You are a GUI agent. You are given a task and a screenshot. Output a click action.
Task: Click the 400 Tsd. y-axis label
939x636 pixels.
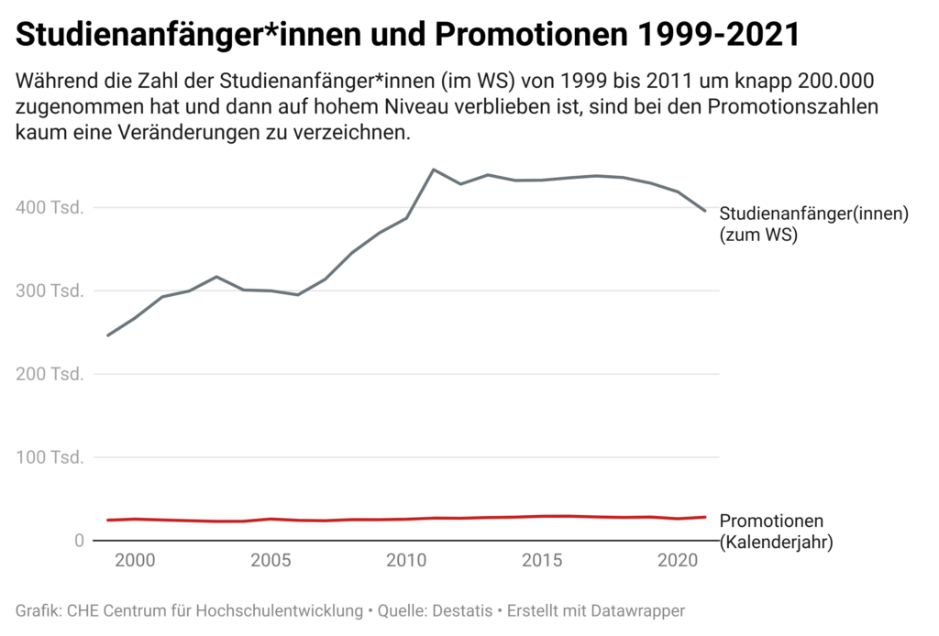pyautogui.click(x=50, y=208)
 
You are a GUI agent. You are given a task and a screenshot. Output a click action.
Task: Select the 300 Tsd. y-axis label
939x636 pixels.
pyautogui.click(x=50, y=291)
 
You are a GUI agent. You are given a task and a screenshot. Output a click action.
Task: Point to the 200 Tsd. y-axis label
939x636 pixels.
pyautogui.click(x=50, y=374)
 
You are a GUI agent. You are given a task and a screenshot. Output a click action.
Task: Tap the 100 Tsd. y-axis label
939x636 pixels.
pyautogui.click(x=50, y=457)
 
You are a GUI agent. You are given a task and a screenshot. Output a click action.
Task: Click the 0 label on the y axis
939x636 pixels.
pyautogui.click(x=80, y=541)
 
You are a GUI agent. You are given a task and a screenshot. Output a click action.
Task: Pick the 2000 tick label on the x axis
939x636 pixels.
pyautogui.click(x=135, y=560)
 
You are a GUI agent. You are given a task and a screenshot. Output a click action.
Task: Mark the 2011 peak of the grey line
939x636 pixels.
pyautogui.click(x=433, y=170)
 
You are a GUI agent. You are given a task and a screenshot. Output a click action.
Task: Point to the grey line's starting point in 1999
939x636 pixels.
pyautogui.click(x=107, y=335)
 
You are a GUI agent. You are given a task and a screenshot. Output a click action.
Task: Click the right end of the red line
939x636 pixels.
pyautogui.click(x=705, y=517)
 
